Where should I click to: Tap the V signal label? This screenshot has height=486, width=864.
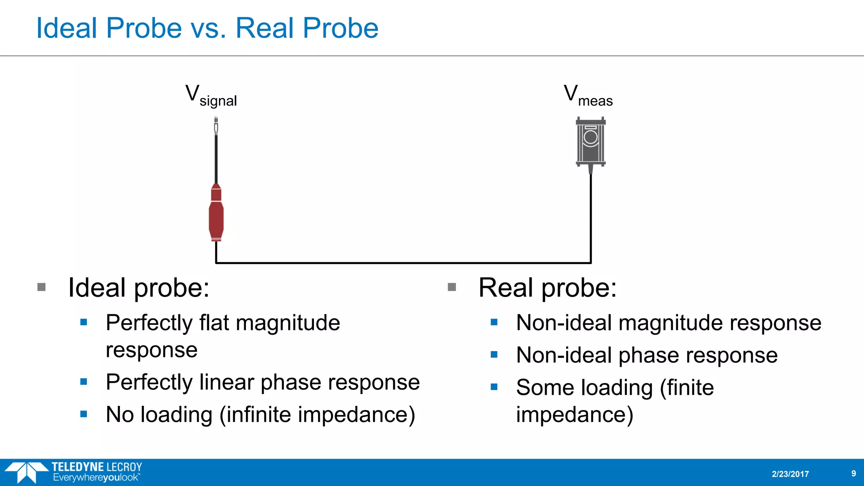coord(211,95)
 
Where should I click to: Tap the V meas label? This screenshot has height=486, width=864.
coord(588,95)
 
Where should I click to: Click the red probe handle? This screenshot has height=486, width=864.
coord(216,215)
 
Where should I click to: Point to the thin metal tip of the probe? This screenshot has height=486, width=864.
coord(216,127)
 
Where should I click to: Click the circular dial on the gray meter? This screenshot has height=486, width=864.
coord(591,137)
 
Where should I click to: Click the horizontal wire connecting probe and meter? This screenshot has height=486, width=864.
coord(403,263)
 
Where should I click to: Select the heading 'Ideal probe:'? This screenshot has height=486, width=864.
coord(139,288)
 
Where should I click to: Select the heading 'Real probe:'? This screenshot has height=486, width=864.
coord(547,288)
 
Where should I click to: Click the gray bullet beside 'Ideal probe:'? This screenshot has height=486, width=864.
coord(41,287)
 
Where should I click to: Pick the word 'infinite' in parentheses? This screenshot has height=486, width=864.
coord(264,415)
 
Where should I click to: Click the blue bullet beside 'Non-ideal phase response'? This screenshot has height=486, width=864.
coord(494,355)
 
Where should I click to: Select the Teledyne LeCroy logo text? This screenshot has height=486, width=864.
coord(97,467)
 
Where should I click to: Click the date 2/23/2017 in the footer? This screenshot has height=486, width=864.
coord(790,474)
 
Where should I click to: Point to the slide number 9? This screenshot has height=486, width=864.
coord(853,473)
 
